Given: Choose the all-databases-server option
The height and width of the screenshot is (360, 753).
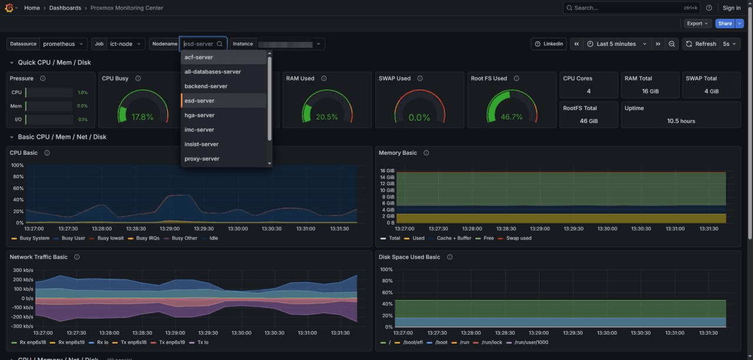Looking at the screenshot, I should [212, 72].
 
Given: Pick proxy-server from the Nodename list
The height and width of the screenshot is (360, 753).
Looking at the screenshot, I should [202, 159].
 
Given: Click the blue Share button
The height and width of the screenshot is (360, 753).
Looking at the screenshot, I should [725, 24].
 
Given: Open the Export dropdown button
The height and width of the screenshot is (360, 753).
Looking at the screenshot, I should [697, 24].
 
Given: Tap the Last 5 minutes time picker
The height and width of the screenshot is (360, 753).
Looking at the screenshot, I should [616, 44].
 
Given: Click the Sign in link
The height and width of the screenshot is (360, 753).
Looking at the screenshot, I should [731, 8].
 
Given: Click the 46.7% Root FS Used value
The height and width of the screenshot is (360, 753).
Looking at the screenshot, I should [512, 117].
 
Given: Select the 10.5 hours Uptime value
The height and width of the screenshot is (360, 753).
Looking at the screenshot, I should [681, 121].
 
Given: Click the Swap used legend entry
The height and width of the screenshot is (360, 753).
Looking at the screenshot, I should [518, 238].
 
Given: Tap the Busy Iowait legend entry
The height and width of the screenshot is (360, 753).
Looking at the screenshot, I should [111, 238].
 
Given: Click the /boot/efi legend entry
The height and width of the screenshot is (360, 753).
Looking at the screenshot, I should [412, 342].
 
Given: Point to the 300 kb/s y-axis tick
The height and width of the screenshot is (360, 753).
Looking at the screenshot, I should [23, 270].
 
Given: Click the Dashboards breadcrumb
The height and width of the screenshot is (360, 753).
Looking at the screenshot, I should [65, 8].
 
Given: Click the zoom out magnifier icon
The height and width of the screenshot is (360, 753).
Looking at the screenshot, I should [672, 44].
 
